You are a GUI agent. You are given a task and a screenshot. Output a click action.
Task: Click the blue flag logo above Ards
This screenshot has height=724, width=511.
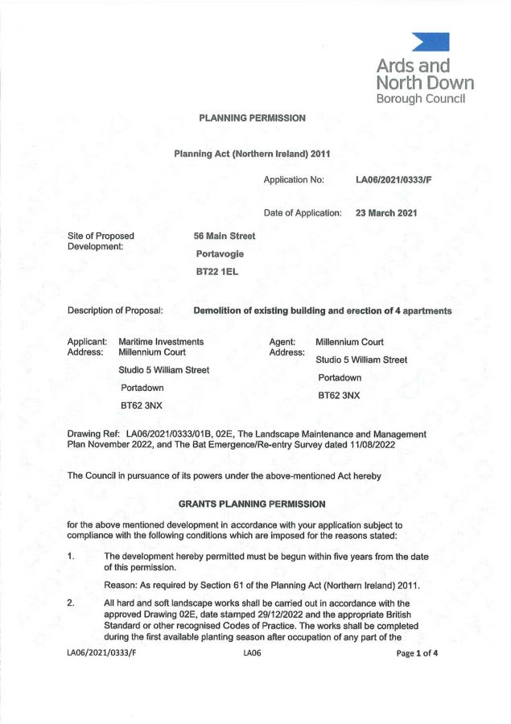(431, 42)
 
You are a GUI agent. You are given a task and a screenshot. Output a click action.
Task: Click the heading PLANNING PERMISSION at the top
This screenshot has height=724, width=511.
(253, 118)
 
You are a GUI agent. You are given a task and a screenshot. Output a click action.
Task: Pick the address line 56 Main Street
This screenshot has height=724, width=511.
(225, 236)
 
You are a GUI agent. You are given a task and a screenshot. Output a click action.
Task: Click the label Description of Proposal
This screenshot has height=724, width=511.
(116, 311)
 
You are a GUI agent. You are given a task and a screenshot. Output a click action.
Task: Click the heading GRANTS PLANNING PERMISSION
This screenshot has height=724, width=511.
(252, 504)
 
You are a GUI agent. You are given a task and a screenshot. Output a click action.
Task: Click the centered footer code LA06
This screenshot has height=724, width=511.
(252, 653)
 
